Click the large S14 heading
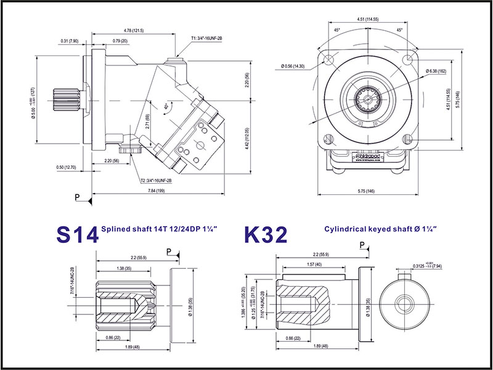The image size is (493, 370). point(76,234)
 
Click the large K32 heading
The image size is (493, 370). point(266,234)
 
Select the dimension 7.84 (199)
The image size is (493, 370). point(156,192)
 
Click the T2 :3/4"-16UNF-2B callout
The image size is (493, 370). point(155,181)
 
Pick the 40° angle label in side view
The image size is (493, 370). point(166,106)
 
